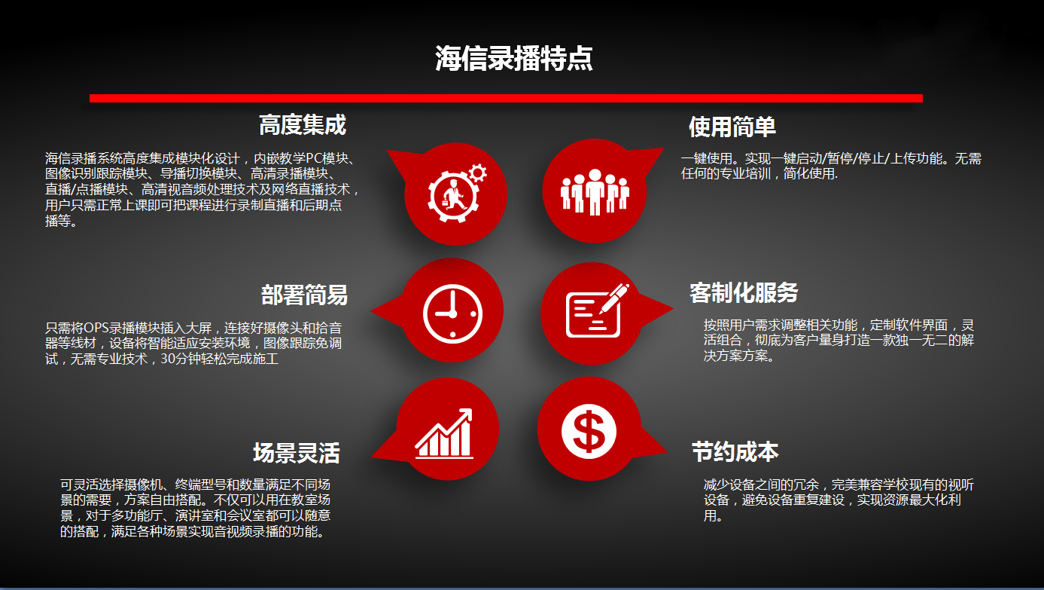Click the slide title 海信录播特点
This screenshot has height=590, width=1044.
pos(513,58)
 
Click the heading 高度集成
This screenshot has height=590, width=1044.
pos(303,125)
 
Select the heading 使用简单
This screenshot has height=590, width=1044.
pos(732,127)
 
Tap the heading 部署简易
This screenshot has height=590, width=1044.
pos(304,295)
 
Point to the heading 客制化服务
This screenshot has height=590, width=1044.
pos(744,293)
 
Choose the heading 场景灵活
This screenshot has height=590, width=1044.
pos(297,453)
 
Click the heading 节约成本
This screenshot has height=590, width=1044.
pos(735,451)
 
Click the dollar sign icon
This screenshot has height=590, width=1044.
pos(589,431)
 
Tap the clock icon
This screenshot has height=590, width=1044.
pos(452,313)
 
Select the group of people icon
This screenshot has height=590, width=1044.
pos(595,191)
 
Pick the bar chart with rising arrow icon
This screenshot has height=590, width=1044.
pos(444,433)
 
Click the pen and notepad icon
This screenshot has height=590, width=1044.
pos(597,310)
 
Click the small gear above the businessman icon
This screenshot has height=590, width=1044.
pos(478,173)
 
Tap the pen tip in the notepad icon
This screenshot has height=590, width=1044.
pos(602,311)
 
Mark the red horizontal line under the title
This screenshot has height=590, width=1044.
pos(506,98)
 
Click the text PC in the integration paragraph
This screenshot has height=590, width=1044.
pos(314,158)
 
